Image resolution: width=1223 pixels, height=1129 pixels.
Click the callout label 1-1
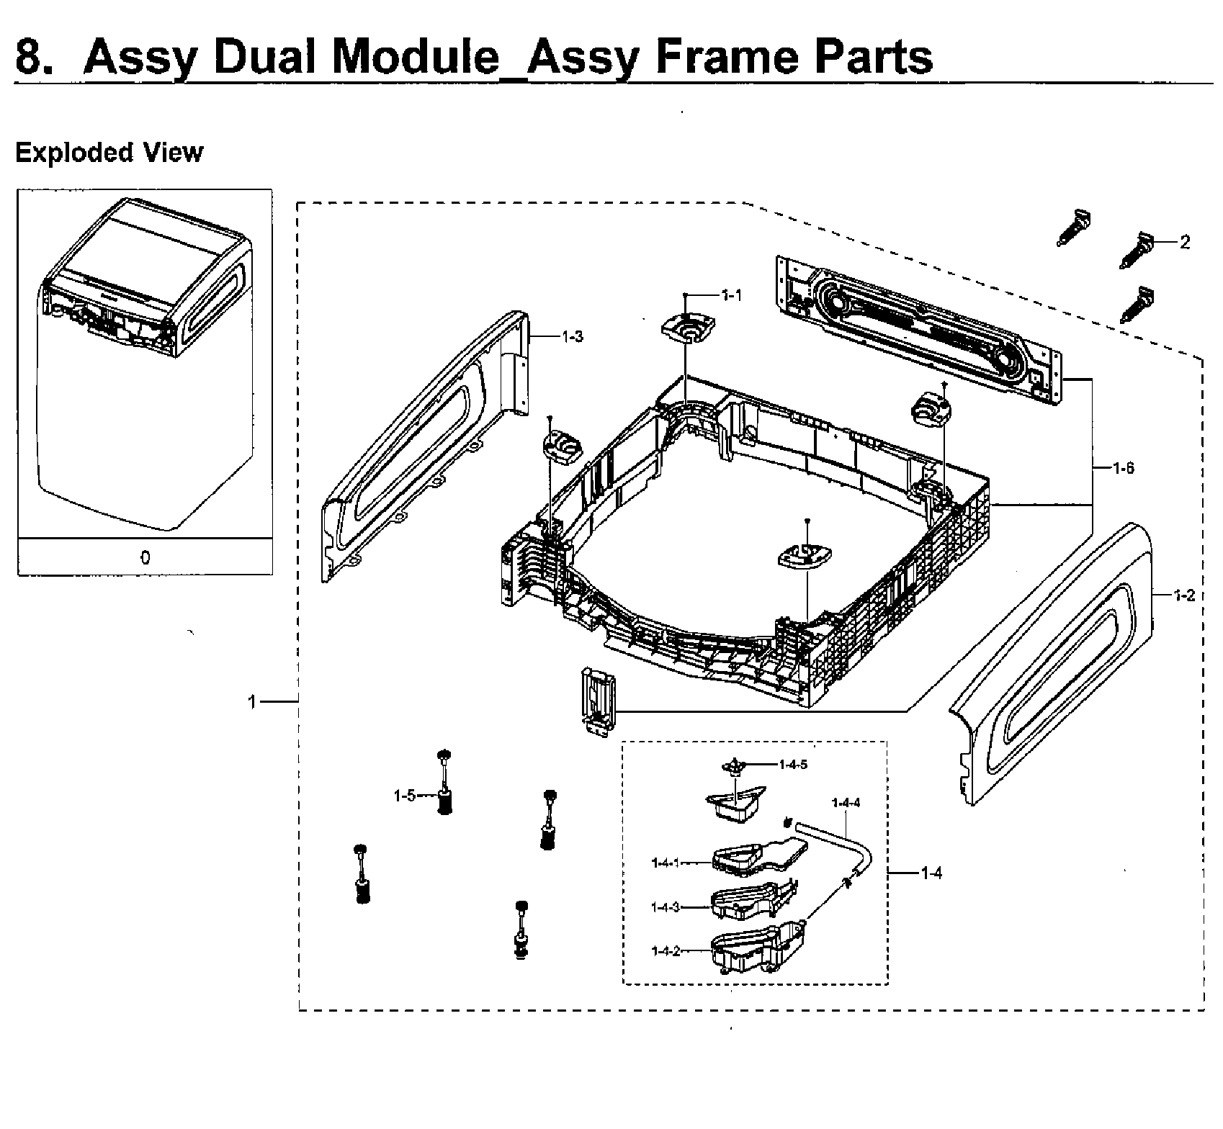click(x=731, y=294)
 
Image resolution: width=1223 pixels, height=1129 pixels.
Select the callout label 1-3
click(x=573, y=336)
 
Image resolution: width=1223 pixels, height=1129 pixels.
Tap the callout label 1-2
click(x=1184, y=595)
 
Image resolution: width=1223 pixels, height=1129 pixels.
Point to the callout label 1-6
click(x=1123, y=469)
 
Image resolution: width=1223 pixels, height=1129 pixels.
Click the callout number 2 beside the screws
click(x=1185, y=243)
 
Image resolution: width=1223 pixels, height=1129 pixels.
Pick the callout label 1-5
click(x=404, y=796)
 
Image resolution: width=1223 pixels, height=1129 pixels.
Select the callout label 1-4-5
click(x=793, y=765)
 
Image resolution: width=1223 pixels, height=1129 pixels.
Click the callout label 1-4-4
click(x=846, y=803)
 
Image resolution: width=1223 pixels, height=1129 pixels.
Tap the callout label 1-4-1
click(x=665, y=863)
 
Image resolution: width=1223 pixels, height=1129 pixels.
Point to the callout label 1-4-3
click(x=665, y=907)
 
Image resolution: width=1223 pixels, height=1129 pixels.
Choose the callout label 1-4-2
click(x=665, y=951)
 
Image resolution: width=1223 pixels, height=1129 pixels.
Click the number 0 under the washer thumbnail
click(x=145, y=558)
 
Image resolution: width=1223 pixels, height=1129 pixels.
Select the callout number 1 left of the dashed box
click(x=252, y=701)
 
